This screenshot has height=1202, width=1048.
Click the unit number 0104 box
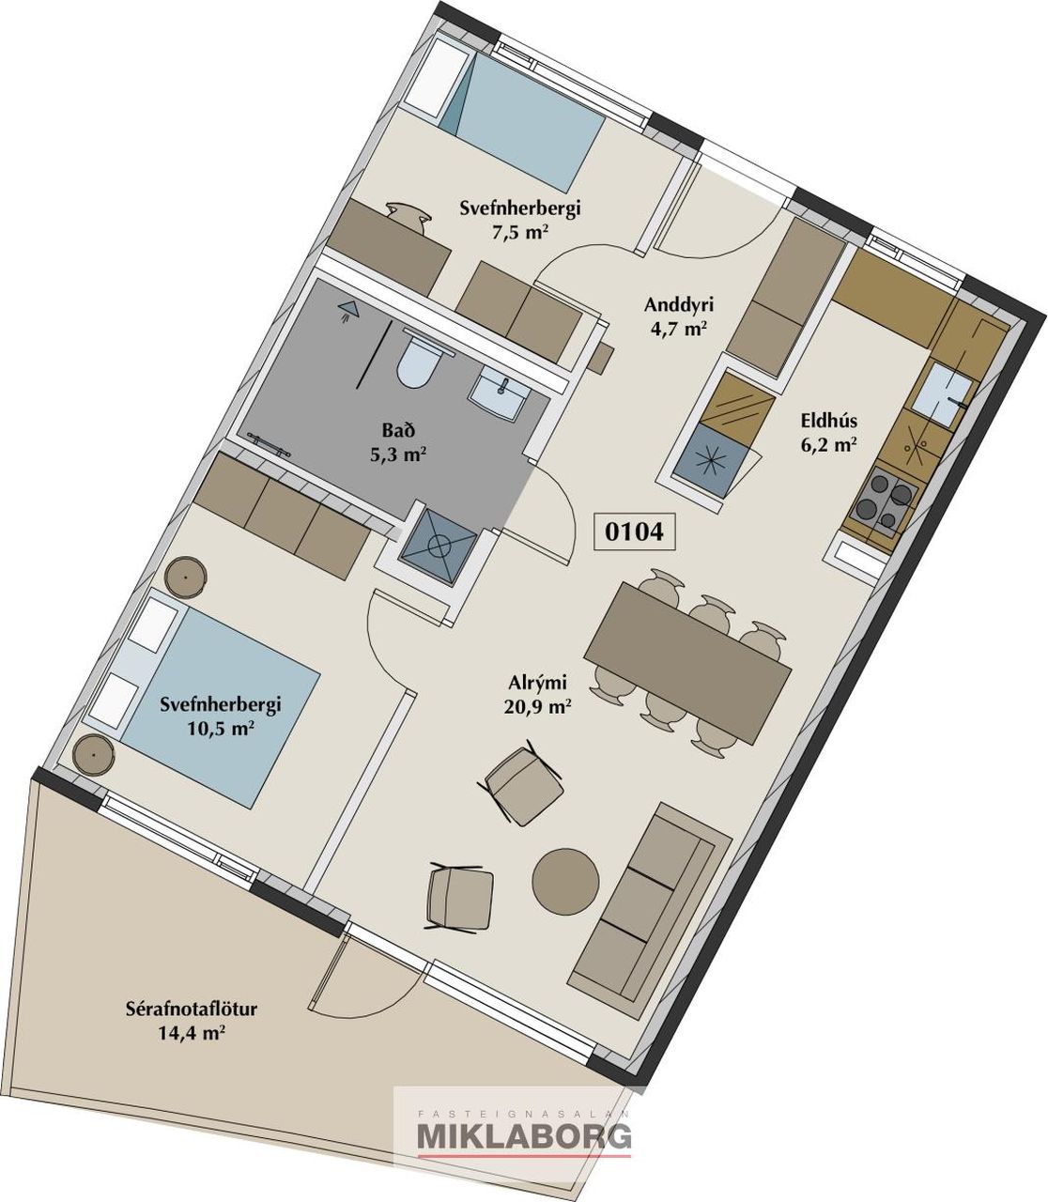(634, 532)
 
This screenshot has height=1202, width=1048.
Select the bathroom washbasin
(500, 396)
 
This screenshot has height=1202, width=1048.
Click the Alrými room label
(537, 682)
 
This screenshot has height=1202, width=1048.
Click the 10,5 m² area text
(220, 729)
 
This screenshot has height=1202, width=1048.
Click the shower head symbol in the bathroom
(348, 310)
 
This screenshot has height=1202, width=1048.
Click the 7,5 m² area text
(520, 231)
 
